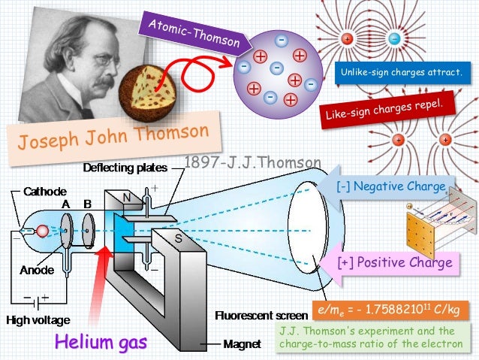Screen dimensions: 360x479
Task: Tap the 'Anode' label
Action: click(x=34, y=268)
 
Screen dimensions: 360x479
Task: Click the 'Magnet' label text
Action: click(x=241, y=346)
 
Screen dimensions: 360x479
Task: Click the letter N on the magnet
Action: click(x=127, y=198)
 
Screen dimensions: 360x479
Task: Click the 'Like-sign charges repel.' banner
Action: click(x=388, y=109)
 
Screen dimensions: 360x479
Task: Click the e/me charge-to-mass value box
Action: click(x=390, y=310)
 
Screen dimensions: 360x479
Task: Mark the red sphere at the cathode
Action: click(x=43, y=229)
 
